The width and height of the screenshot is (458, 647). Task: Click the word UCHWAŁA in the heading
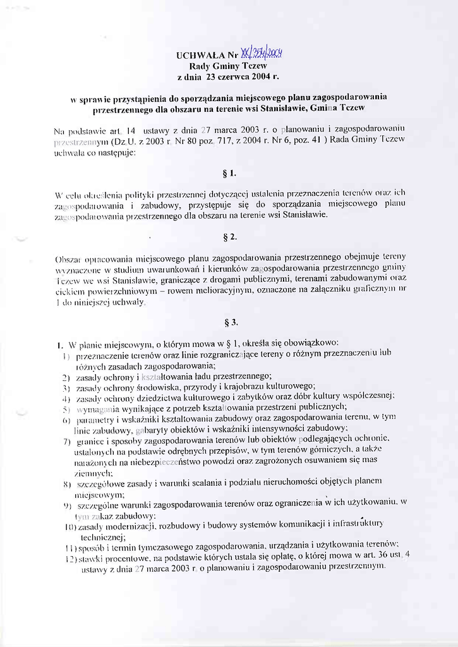(x=197, y=55)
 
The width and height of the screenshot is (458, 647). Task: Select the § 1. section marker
(x=229, y=172)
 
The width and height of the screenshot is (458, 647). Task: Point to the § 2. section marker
(x=229, y=237)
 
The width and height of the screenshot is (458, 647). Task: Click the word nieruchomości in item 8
(x=277, y=483)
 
